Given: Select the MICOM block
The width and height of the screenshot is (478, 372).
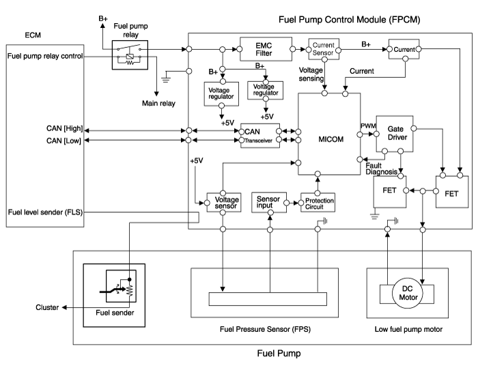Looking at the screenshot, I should click(x=328, y=141).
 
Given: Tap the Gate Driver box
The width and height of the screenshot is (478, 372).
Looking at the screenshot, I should click(x=395, y=132).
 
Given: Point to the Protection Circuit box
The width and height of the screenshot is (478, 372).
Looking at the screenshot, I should click(x=318, y=202).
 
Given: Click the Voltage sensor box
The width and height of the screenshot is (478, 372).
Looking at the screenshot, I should click(x=222, y=201).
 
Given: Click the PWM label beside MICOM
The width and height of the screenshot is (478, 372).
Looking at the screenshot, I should click(x=367, y=125).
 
